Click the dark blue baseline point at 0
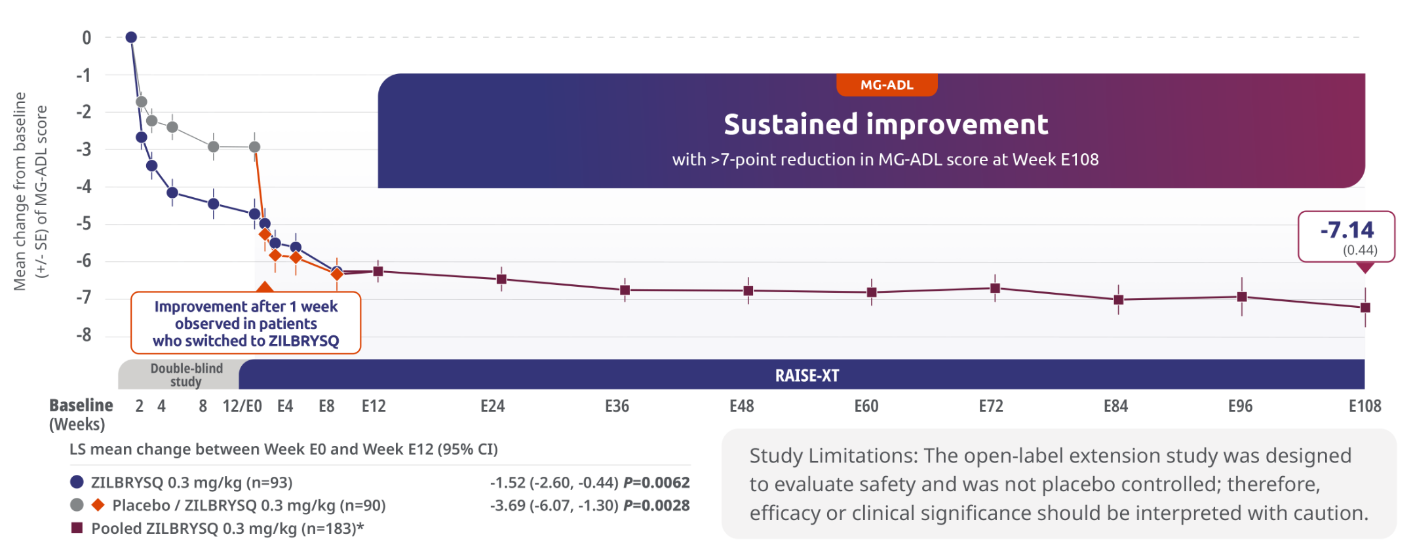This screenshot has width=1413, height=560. click(x=131, y=37)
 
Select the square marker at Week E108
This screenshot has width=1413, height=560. click(x=1365, y=307)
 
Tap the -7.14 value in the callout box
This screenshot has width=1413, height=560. click(x=1347, y=230)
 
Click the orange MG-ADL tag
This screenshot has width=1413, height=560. click(x=887, y=85)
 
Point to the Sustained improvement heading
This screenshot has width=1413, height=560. click(x=885, y=124)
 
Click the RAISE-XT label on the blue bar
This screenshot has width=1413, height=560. click(x=807, y=375)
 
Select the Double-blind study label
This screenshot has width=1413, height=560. click(x=186, y=375)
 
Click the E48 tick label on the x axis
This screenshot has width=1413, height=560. click(x=741, y=406)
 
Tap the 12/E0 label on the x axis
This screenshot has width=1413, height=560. click(x=242, y=406)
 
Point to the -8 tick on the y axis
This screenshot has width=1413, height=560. click(x=84, y=335)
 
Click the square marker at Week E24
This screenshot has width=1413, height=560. click(x=501, y=279)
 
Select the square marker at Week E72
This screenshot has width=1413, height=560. click(x=995, y=288)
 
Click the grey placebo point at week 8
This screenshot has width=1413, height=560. click(x=214, y=147)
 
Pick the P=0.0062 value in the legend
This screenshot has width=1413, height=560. click(x=656, y=483)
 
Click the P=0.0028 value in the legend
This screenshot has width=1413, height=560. click(x=656, y=506)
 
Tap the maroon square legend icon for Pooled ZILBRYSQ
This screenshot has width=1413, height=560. click(x=77, y=528)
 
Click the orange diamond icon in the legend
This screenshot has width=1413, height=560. click(x=98, y=505)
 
